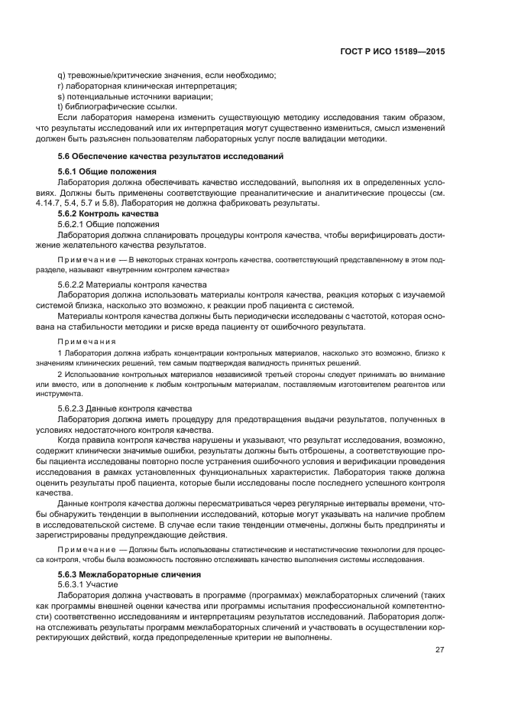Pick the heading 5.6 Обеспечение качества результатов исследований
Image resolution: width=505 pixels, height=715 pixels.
tap(166, 156)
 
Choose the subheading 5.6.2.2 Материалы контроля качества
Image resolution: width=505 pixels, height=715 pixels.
tap(131, 284)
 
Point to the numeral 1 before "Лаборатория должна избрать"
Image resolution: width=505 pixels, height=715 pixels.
tap(59, 353)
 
